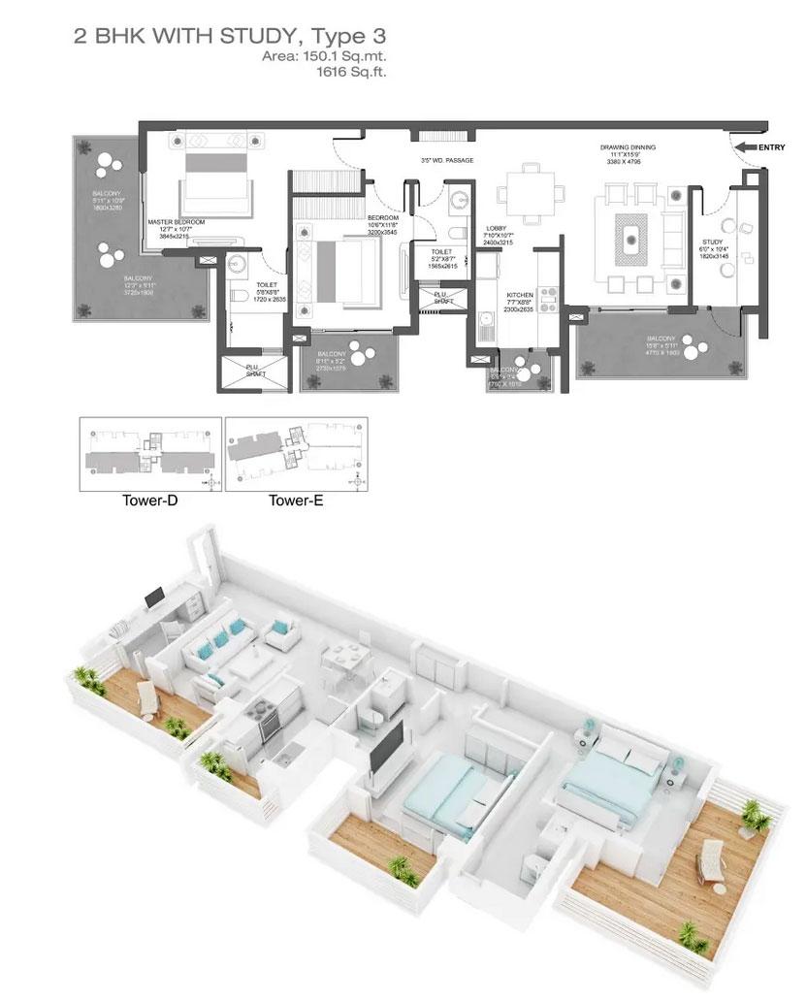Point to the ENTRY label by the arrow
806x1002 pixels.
click(x=771, y=147)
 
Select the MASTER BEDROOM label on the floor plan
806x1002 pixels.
click(x=177, y=222)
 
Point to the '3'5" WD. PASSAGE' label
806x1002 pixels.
click(x=446, y=159)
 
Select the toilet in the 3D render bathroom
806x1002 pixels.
click(x=371, y=718)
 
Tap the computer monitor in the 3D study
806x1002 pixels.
click(x=154, y=598)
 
